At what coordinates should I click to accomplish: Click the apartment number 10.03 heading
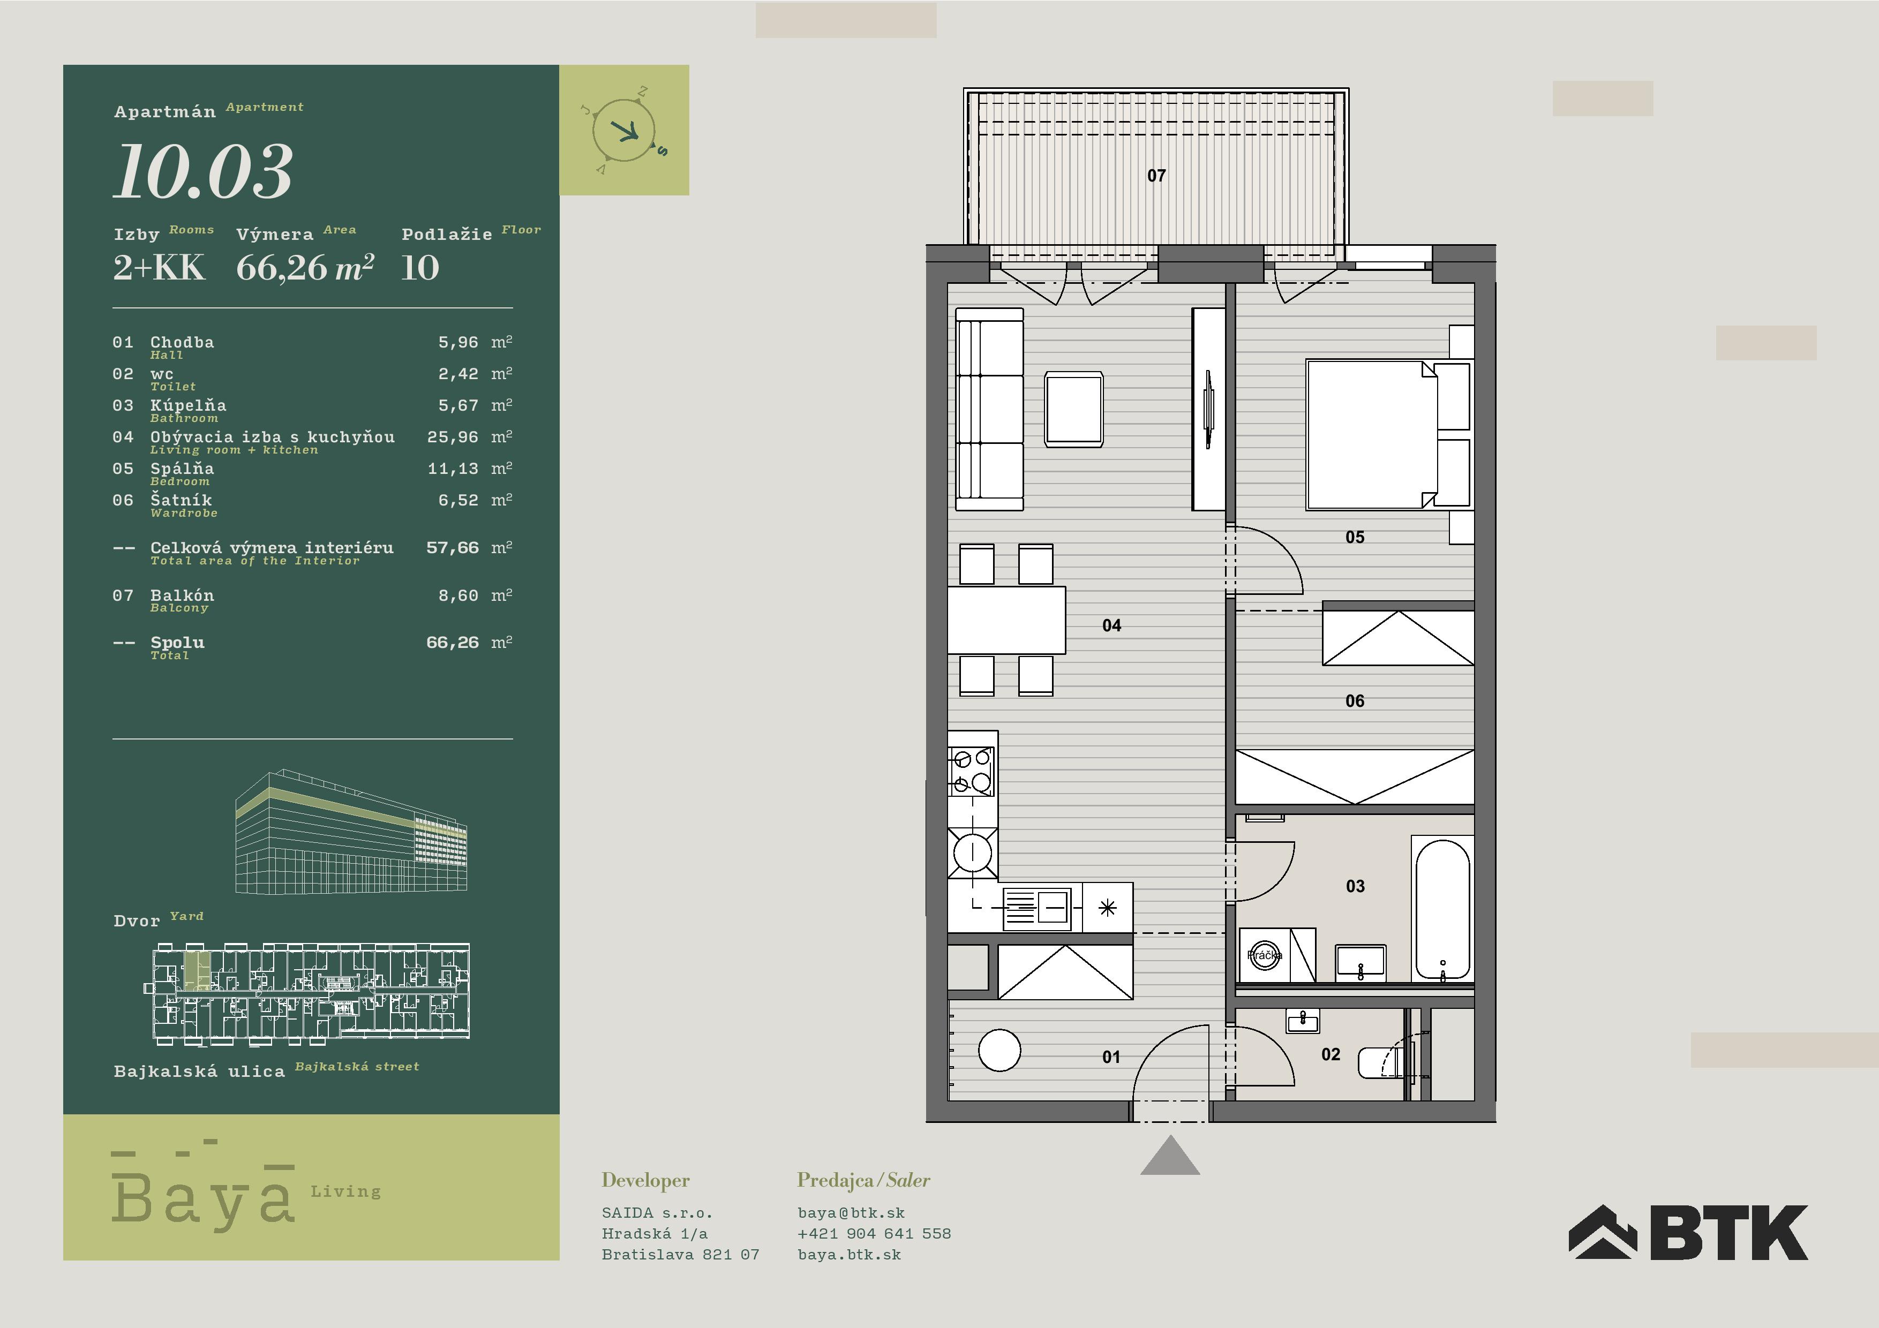tap(203, 172)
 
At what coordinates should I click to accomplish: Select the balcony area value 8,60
tap(459, 595)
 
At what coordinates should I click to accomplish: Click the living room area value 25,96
tap(453, 437)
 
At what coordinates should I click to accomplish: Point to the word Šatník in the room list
tap(181, 500)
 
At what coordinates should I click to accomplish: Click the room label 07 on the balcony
tap(1156, 176)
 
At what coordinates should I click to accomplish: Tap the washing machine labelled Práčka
tap(1265, 955)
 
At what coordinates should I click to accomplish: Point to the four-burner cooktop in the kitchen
tap(972, 771)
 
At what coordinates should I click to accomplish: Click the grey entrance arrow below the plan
tap(1170, 1156)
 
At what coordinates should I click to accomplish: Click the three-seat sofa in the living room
tap(989, 409)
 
